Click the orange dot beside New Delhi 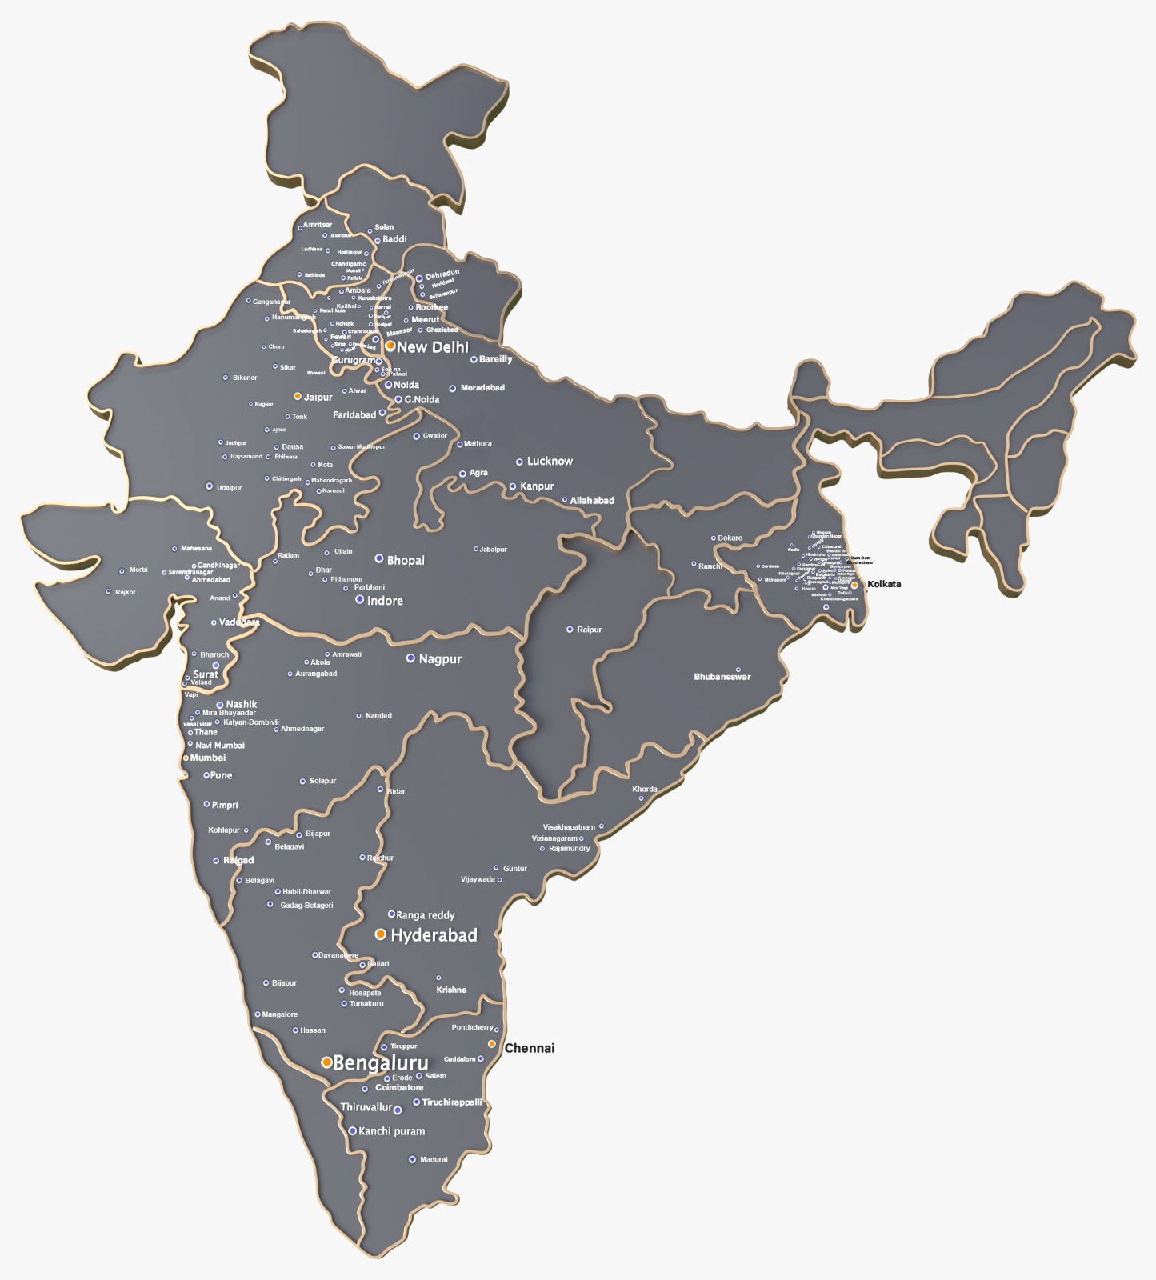[390, 346]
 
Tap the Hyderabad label [434, 935]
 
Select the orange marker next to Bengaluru [326, 1062]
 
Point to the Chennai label [530, 1048]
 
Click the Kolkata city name [884, 584]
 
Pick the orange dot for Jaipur [298, 396]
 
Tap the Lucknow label [550, 462]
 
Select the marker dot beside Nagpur [410, 658]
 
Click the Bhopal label [406, 561]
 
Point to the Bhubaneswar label [722, 677]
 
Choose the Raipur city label [590, 630]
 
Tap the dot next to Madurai [413, 1159]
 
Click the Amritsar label [318, 225]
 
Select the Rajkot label [126, 592]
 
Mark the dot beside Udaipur [210, 486]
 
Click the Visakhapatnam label [569, 827]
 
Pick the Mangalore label [280, 1014]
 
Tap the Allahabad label [592, 501]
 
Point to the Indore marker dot [360, 599]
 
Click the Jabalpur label [494, 550]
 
